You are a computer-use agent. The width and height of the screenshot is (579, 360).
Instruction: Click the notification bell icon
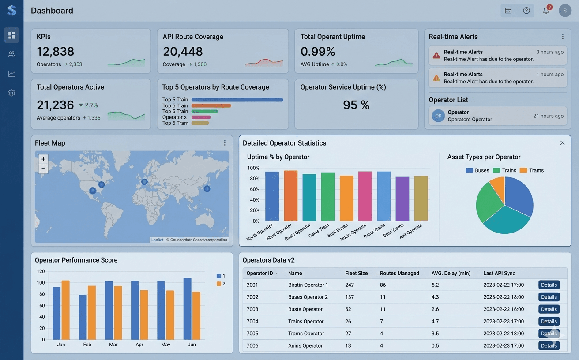(546, 11)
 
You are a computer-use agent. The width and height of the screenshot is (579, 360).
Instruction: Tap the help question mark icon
(526, 11)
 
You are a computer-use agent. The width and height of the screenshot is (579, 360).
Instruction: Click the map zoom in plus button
(43, 159)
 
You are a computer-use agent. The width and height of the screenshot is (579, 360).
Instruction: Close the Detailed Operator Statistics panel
(562, 143)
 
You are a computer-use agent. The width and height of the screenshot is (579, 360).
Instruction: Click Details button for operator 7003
(549, 309)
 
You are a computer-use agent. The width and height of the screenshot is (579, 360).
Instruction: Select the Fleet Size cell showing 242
(350, 285)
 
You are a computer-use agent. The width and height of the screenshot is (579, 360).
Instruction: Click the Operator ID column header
(260, 274)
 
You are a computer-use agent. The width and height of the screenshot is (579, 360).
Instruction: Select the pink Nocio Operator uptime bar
(365, 196)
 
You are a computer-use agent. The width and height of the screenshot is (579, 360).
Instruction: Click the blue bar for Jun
(187, 308)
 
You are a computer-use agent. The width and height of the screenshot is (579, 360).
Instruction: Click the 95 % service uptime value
(356, 105)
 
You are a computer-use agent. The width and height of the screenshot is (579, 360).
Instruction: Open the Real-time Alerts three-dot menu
(563, 37)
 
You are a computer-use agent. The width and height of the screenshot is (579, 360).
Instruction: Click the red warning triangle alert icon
(436, 56)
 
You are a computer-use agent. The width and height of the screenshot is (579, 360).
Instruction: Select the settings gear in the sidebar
(11, 93)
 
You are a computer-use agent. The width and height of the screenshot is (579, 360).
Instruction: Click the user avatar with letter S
(565, 11)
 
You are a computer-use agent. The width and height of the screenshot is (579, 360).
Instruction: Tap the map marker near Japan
(207, 189)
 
